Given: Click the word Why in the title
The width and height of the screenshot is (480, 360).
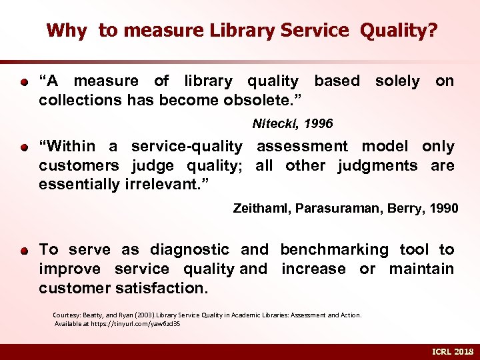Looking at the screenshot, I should (x=67, y=30).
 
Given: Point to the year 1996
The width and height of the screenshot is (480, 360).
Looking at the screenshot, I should (x=319, y=124).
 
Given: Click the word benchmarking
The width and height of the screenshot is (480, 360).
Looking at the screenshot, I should (x=334, y=249).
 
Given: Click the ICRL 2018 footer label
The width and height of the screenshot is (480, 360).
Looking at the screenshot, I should (x=452, y=351).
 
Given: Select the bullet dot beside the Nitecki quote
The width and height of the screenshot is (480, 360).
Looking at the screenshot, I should (x=23, y=83).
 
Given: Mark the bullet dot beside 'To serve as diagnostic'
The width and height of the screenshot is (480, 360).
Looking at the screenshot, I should (x=23, y=251).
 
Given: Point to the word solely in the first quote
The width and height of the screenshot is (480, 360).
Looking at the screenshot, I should (x=397, y=81).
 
